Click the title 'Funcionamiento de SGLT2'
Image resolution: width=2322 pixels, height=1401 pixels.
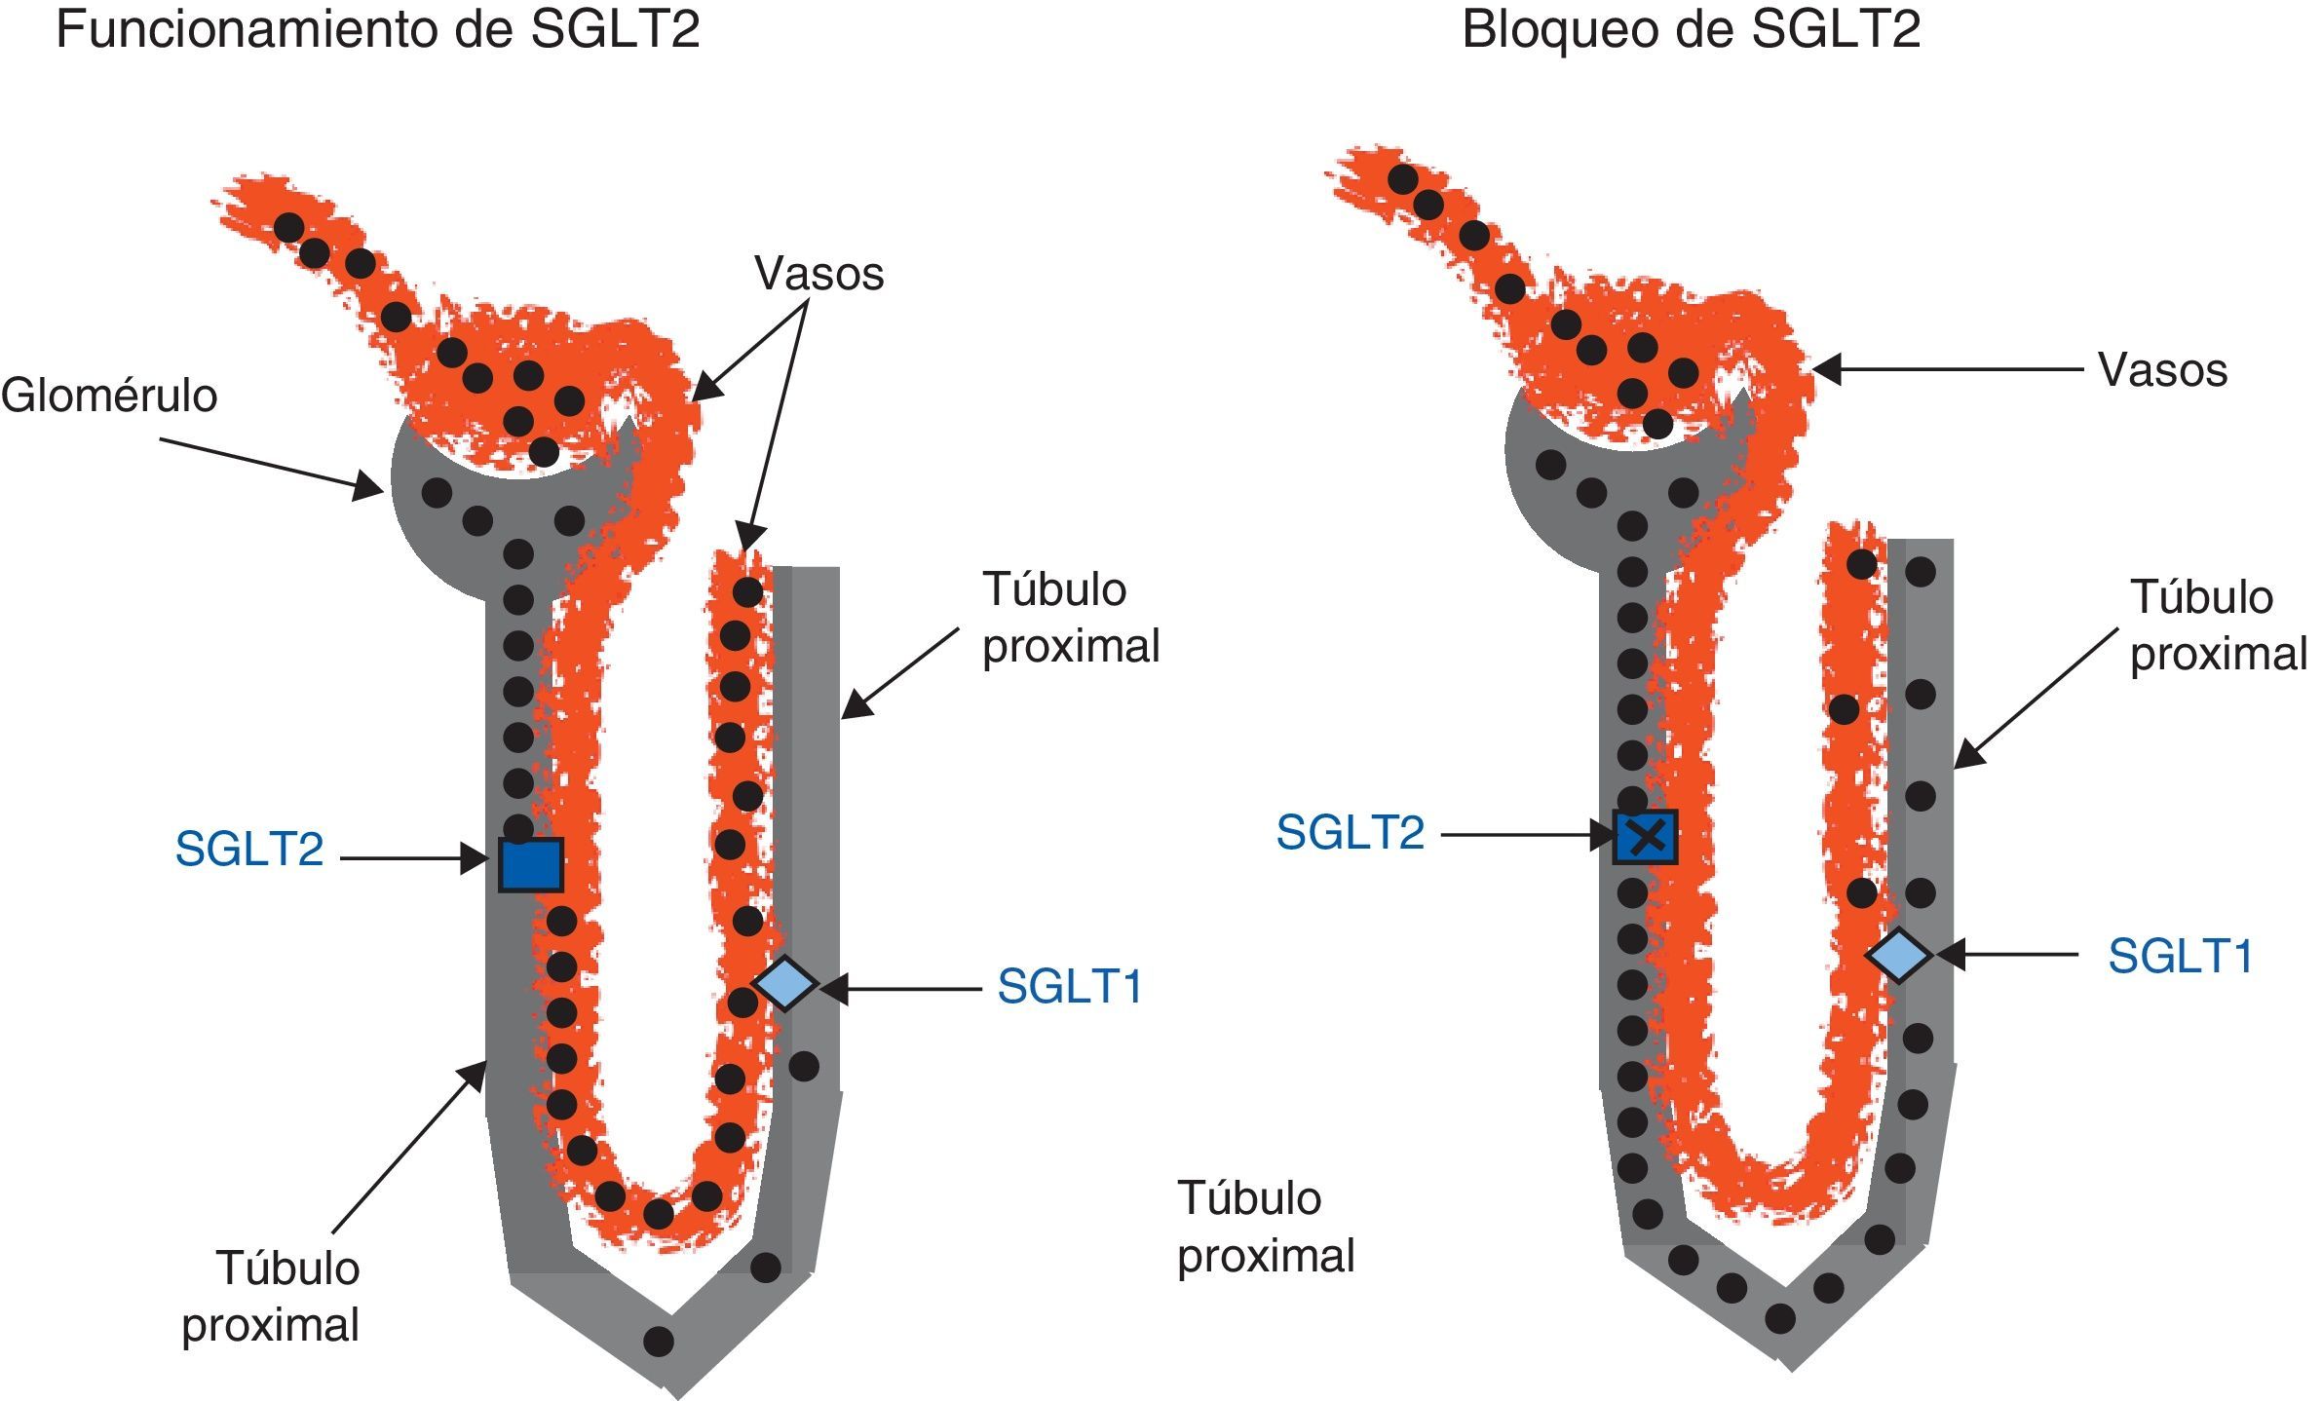378,29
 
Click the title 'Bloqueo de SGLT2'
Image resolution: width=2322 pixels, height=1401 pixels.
1691,29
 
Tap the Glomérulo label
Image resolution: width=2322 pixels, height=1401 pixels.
109,396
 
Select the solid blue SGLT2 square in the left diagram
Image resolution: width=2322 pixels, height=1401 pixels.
531,864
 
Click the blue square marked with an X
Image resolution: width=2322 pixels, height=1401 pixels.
1645,837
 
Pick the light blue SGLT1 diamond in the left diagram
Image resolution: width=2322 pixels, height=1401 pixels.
785,983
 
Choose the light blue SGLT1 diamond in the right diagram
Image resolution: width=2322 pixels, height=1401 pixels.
1898,955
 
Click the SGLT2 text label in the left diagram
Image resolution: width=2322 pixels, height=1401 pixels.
249,850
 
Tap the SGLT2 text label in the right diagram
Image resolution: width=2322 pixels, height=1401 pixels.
1351,833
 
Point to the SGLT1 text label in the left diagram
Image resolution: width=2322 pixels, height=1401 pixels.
1070,987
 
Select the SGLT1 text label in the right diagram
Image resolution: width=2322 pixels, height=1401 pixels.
2181,957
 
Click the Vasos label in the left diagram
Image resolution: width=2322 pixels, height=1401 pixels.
819,274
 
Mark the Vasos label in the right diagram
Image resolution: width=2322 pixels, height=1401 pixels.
2163,370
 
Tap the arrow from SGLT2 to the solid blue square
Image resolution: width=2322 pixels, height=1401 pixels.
413,858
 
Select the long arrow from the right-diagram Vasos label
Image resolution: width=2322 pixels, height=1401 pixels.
1949,369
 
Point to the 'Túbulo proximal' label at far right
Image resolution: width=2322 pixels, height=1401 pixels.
2218,625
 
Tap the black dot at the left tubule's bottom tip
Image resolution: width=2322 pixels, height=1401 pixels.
659,1342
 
